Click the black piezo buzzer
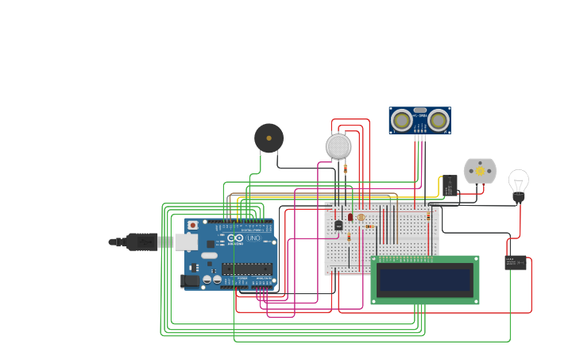point(269,138)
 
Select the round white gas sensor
point(338,146)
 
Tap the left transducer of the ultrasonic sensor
point(403,120)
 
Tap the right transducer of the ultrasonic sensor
point(438,120)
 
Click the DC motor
point(480,171)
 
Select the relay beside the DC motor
point(450,185)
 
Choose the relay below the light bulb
point(515,262)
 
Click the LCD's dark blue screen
point(425,280)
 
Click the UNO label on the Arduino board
point(253,238)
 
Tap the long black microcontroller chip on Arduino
point(247,269)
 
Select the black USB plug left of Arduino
point(141,242)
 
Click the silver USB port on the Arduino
point(187,242)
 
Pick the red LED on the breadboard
point(350,216)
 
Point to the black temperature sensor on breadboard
point(338,225)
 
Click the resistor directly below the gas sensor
point(345,168)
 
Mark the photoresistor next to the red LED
point(361,217)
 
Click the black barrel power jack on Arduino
point(190,280)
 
